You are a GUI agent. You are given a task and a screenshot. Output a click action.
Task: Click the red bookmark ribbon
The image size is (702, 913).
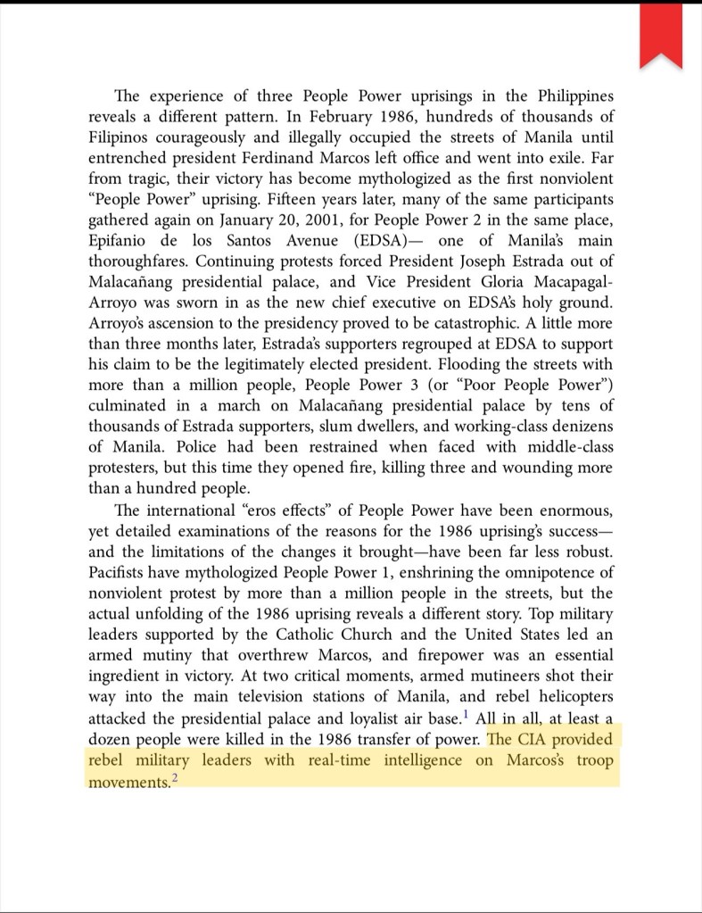tap(661, 34)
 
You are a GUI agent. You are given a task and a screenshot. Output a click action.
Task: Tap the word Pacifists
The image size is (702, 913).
tap(124, 570)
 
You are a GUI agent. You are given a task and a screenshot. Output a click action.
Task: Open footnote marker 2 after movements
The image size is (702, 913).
tap(176, 777)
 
